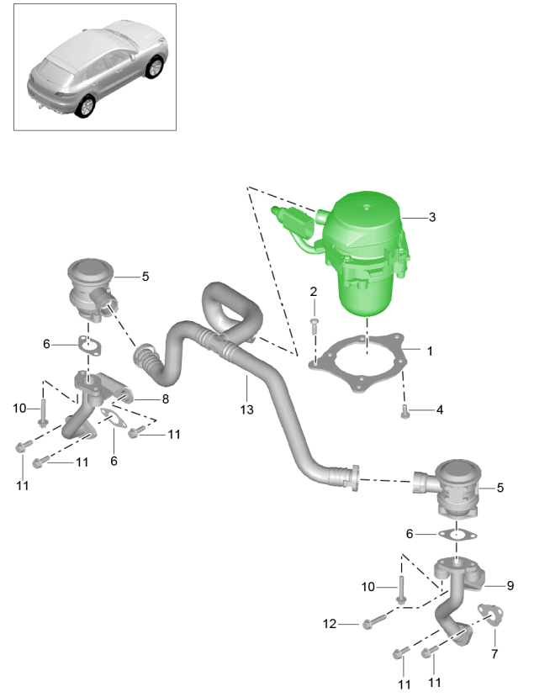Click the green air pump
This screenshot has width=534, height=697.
click(368, 252)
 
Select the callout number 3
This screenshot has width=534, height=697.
click(431, 217)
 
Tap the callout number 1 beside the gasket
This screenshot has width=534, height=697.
click(429, 351)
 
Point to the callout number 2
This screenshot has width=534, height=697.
click(313, 292)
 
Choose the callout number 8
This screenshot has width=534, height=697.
click(165, 399)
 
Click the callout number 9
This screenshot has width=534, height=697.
click(510, 585)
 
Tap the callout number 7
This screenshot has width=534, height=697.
click(494, 653)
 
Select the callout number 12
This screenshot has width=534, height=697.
click(330, 624)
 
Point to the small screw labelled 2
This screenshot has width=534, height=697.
click(314, 321)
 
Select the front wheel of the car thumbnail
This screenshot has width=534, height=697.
click(153, 67)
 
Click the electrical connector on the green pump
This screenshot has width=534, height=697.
click(291, 219)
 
